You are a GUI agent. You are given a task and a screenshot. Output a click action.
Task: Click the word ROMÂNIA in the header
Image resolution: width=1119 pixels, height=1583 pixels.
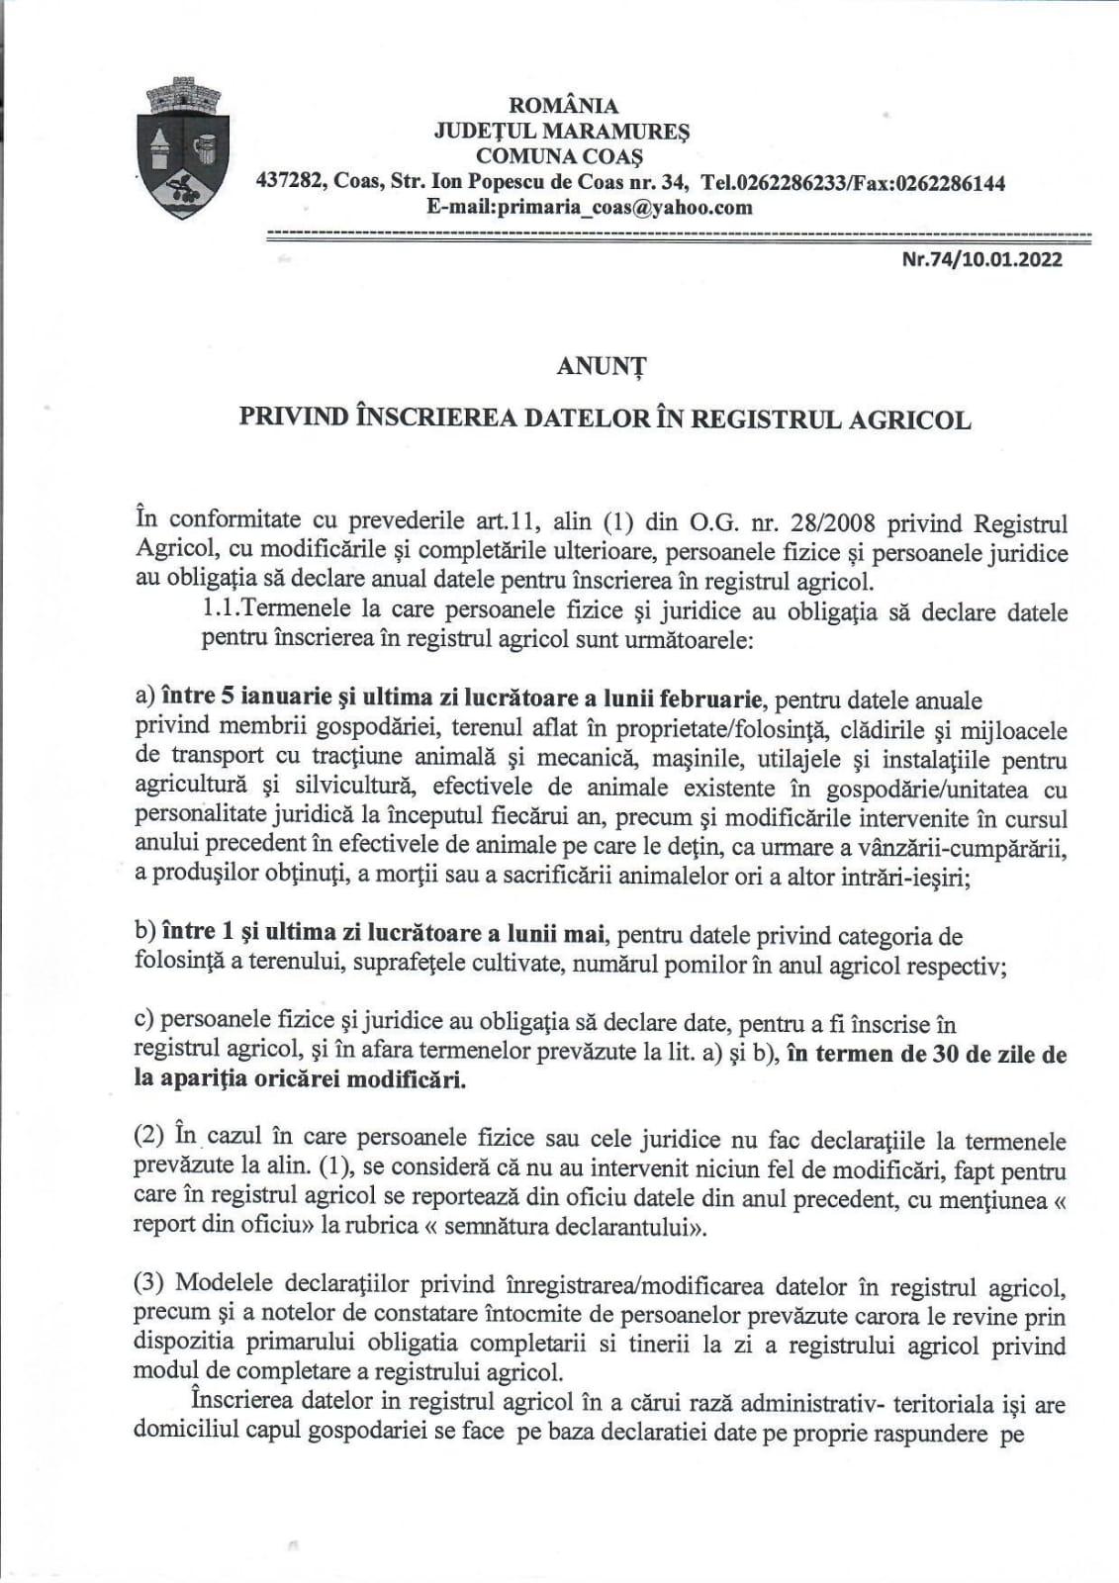[563, 106]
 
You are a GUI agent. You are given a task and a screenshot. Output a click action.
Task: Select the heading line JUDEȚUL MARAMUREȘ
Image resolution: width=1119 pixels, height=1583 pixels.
[562, 131]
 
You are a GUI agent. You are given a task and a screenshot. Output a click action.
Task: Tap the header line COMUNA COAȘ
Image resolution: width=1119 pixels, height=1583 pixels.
[559, 156]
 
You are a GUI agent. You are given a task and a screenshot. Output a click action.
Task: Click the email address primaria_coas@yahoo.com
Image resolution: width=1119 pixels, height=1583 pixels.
[590, 208]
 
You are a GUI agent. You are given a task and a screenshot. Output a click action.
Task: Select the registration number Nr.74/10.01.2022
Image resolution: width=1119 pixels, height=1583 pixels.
[982, 260]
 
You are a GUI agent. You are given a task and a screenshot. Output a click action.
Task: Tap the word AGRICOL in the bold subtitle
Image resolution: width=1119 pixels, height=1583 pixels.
[909, 419]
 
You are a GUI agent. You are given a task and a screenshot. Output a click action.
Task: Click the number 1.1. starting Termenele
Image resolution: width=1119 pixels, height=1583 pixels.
[219, 611]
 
